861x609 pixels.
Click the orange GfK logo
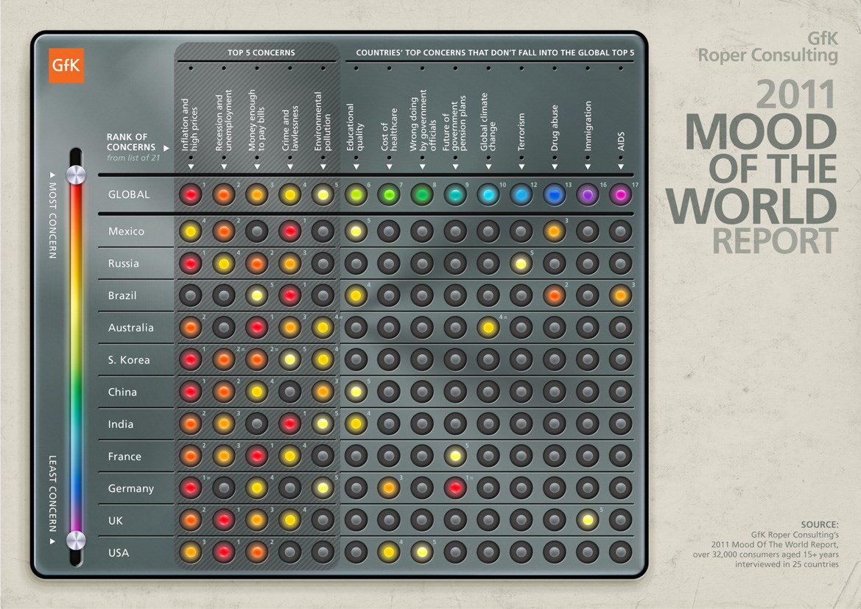(x=66, y=66)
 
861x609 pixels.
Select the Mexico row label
(x=126, y=231)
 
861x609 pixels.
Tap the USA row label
(x=119, y=552)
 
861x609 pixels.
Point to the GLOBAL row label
(x=128, y=194)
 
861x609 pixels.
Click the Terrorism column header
(x=521, y=132)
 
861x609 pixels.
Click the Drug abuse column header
(x=555, y=128)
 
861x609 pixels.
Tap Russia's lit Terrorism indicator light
(x=521, y=264)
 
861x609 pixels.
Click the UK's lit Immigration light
(x=588, y=520)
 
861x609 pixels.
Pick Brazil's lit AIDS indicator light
(x=621, y=295)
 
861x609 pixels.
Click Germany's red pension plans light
(x=455, y=487)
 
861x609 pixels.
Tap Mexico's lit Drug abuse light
(x=555, y=231)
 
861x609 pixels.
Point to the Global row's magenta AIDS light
(x=621, y=194)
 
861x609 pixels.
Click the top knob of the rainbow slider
(x=76, y=175)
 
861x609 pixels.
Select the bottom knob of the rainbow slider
(x=76, y=541)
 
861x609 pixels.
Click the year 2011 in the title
(x=796, y=96)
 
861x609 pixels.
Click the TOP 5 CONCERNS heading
(x=261, y=53)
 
